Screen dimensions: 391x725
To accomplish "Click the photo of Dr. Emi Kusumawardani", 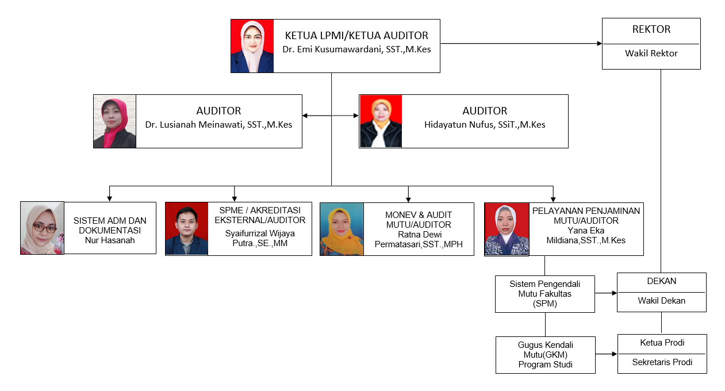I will (252, 46).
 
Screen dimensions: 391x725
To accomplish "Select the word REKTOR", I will (651, 29).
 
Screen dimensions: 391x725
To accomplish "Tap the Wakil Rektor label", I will (651, 53).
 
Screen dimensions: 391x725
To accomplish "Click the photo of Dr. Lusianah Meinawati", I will (115, 121).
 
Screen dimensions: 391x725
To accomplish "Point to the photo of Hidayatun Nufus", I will (381, 121).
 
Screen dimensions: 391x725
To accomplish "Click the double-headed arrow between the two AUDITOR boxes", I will (331, 116).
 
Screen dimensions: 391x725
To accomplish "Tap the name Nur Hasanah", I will (110, 240).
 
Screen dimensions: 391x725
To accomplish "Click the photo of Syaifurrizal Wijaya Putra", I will (187, 228).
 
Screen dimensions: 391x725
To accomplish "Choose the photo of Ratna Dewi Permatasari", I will (342, 229).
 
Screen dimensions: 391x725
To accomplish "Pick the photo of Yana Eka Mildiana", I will (507, 229).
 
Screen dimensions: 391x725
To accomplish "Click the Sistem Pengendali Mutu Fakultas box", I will (544, 294).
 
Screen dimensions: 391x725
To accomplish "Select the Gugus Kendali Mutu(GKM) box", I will (545, 354).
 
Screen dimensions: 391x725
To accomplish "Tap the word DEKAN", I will (661, 281).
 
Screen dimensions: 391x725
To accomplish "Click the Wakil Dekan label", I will (661, 300).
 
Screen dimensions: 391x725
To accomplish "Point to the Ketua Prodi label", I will (662, 343).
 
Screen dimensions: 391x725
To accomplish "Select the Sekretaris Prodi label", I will (662, 362).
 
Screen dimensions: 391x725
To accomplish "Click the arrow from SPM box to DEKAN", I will (606, 293).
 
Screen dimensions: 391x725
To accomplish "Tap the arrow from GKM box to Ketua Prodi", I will (607, 354).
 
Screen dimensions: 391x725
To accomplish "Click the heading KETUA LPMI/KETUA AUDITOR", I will (356, 36).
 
